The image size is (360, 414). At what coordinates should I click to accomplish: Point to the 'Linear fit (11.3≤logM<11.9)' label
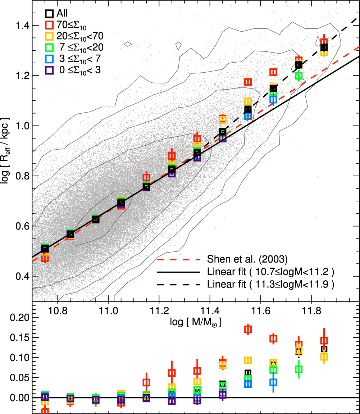point(271,285)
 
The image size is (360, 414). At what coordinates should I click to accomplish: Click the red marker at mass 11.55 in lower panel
point(248,329)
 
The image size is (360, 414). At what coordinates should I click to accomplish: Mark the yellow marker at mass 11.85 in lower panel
point(324,356)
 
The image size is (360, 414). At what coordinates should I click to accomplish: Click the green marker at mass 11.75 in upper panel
point(299,76)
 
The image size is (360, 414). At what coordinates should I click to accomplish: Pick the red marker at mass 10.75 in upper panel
point(45,258)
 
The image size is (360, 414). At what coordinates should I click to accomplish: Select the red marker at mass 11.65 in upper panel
point(273,72)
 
